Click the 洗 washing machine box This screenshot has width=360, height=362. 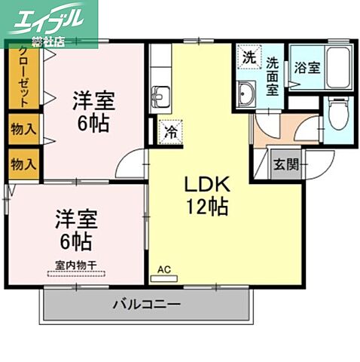tap(248, 57)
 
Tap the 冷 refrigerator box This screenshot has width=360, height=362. tap(170, 131)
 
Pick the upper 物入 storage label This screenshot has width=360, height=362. tap(23, 129)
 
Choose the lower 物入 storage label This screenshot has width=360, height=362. tap(23, 162)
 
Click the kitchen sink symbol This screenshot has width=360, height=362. tap(160, 97)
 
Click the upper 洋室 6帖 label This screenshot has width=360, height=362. tap(91, 110)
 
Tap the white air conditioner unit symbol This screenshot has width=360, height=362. tap(163, 278)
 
